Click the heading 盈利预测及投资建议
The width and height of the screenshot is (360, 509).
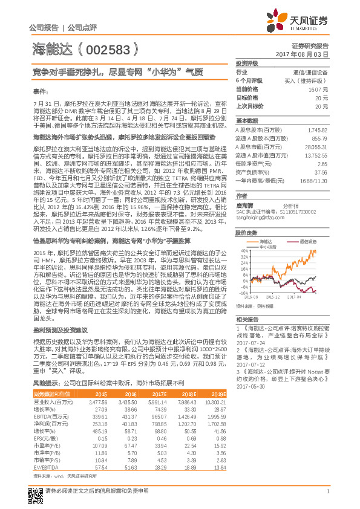tap(60, 330)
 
